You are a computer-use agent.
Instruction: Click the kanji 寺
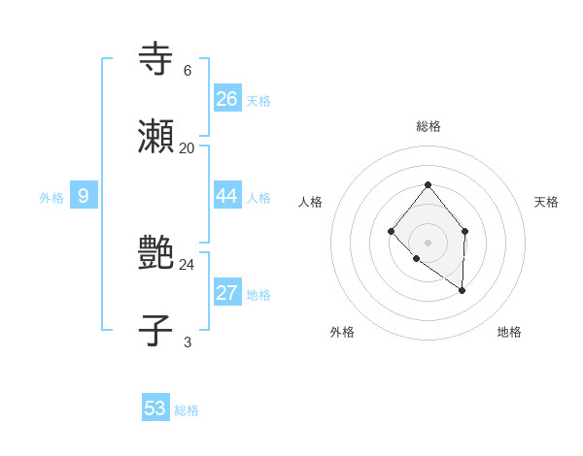click(x=155, y=58)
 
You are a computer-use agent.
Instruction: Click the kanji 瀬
click(x=155, y=137)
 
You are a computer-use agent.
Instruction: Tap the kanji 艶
click(x=155, y=253)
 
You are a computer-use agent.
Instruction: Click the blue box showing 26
click(x=227, y=99)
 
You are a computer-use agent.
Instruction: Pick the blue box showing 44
click(x=227, y=196)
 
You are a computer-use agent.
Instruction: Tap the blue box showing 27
click(x=227, y=293)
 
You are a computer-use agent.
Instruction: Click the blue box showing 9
click(x=84, y=196)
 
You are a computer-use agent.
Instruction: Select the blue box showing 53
click(x=155, y=408)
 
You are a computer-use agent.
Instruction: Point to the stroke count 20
click(x=187, y=147)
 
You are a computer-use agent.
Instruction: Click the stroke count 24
click(x=187, y=264)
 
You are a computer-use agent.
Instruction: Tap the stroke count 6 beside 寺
click(x=187, y=70)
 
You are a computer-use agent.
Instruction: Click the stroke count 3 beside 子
click(x=187, y=342)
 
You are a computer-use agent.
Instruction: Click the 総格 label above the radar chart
click(x=428, y=126)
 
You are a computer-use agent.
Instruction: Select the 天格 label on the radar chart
click(x=546, y=202)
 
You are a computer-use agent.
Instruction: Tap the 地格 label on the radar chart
click(x=509, y=332)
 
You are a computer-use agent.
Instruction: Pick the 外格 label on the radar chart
click(x=342, y=332)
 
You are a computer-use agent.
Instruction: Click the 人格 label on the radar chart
click(x=311, y=202)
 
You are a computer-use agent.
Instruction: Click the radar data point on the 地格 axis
click(x=462, y=290)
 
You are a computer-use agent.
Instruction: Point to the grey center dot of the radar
click(x=428, y=242)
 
